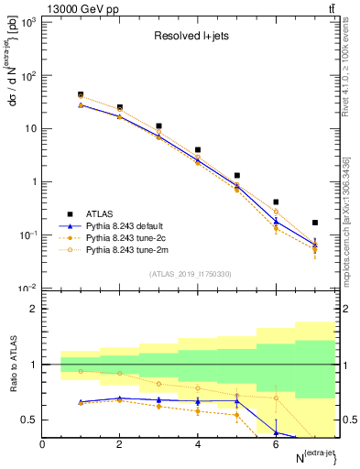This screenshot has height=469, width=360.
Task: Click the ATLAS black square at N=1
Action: [81, 94]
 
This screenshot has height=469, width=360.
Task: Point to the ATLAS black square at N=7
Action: [315, 223]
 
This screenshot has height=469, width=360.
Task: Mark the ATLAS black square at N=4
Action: [198, 149]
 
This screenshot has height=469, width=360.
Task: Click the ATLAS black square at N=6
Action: [276, 202]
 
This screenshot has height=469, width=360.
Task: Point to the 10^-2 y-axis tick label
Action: [26, 289]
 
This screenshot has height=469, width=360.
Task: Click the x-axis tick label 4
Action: [198, 445]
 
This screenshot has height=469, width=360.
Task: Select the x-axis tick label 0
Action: [42, 445]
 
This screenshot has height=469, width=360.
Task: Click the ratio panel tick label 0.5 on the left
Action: [28, 420]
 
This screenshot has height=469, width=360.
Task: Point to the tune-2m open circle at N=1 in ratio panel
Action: [81, 371]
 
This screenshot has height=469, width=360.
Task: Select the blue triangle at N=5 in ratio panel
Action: [236, 400]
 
